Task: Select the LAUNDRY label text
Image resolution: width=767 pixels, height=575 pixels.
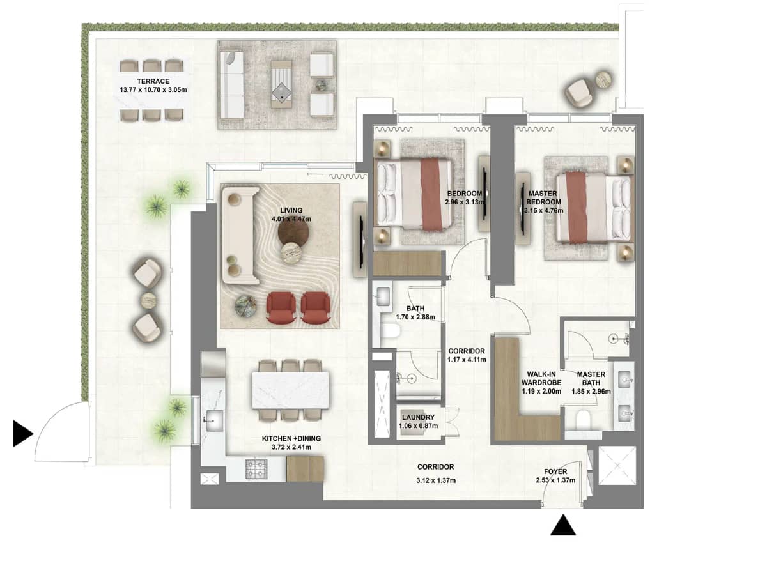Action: click(x=419, y=417)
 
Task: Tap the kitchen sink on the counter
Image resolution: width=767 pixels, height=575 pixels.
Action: click(x=213, y=419)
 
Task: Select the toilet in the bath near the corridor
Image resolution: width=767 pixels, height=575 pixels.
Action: click(x=390, y=331)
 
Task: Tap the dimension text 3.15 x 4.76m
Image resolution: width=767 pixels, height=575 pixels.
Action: click(x=543, y=211)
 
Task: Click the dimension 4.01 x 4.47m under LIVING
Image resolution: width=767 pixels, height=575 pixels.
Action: click(x=290, y=219)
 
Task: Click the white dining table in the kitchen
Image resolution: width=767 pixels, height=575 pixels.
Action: click(x=291, y=390)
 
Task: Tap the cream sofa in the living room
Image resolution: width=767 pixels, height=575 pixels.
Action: click(x=240, y=235)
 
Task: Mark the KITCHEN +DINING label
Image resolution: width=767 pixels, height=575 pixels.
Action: click(x=291, y=438)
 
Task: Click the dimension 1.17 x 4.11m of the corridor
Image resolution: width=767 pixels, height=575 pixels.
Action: click(x=467, y=360)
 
